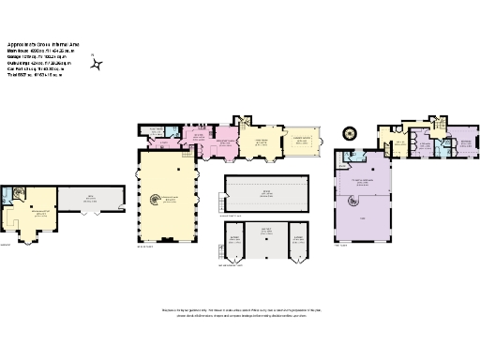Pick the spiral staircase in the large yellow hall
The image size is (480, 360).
[x=157, y=199]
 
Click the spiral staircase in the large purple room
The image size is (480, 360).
[x=355, y=201]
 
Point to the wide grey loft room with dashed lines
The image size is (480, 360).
[x=267, y=193]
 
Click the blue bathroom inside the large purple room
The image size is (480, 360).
[x=352, y=158]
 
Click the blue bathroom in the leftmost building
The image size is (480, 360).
[x=12, y=195]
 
